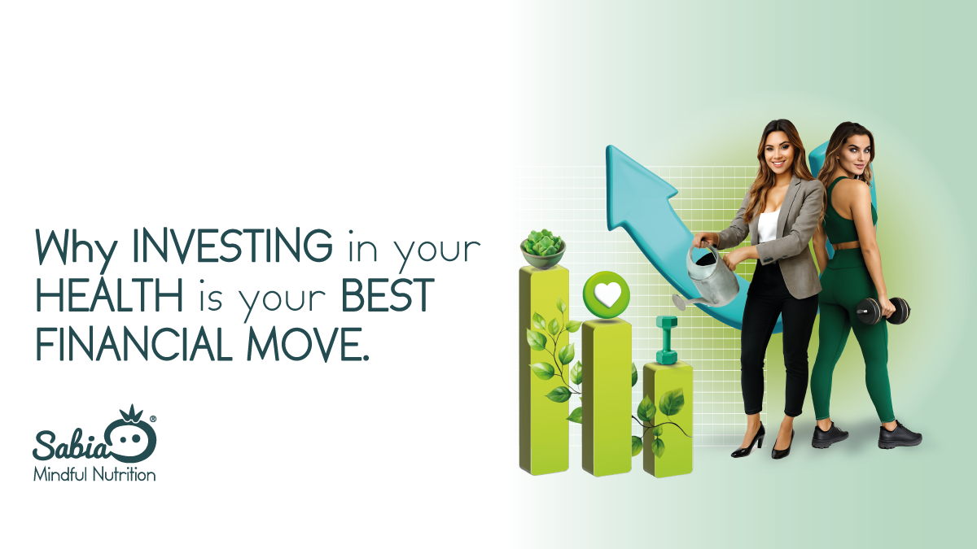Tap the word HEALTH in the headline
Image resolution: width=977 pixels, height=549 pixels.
(109, 294)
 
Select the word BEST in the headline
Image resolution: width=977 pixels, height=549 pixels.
(388, 294)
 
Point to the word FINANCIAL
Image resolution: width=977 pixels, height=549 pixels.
(134, 344)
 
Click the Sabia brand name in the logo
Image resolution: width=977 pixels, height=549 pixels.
(70, 444)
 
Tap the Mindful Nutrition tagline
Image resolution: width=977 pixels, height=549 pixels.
(94, 474)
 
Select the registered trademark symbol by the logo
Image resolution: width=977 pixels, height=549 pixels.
(153, 419)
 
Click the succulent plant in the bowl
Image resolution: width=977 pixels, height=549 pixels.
(543, 242)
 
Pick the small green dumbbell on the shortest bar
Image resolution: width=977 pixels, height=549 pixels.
(667, 340)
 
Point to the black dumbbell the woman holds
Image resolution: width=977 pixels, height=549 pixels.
(883, 311)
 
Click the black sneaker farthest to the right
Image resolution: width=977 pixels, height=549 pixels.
(900, 436)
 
